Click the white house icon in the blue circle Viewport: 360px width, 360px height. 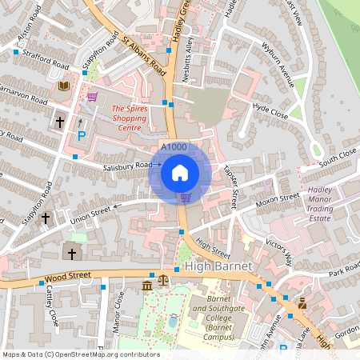pyautogui.click(x=180, y=172)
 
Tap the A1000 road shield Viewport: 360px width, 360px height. pyautogui.click(x=174, y=147)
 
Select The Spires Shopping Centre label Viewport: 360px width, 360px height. pyautogui.click(x=126, y=118)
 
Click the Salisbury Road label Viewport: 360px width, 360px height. pyautogui.click(x=127, y=166)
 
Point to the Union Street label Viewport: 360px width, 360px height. pyautogui.click(x=90, y=213)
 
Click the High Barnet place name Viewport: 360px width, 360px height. pyautogui.click(x=218, y=265)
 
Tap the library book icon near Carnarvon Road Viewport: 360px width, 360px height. pyautogui.click(x=63, y=86)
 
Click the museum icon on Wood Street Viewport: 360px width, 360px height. pyautogui.click(x=148, y=286)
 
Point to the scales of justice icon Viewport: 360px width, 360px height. pyautogui.click(x=164, y=281)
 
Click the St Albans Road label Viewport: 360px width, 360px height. pyautogui.click(x=144, y=55)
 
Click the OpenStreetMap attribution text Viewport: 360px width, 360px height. pyautogui.click(x=80, y=354)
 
